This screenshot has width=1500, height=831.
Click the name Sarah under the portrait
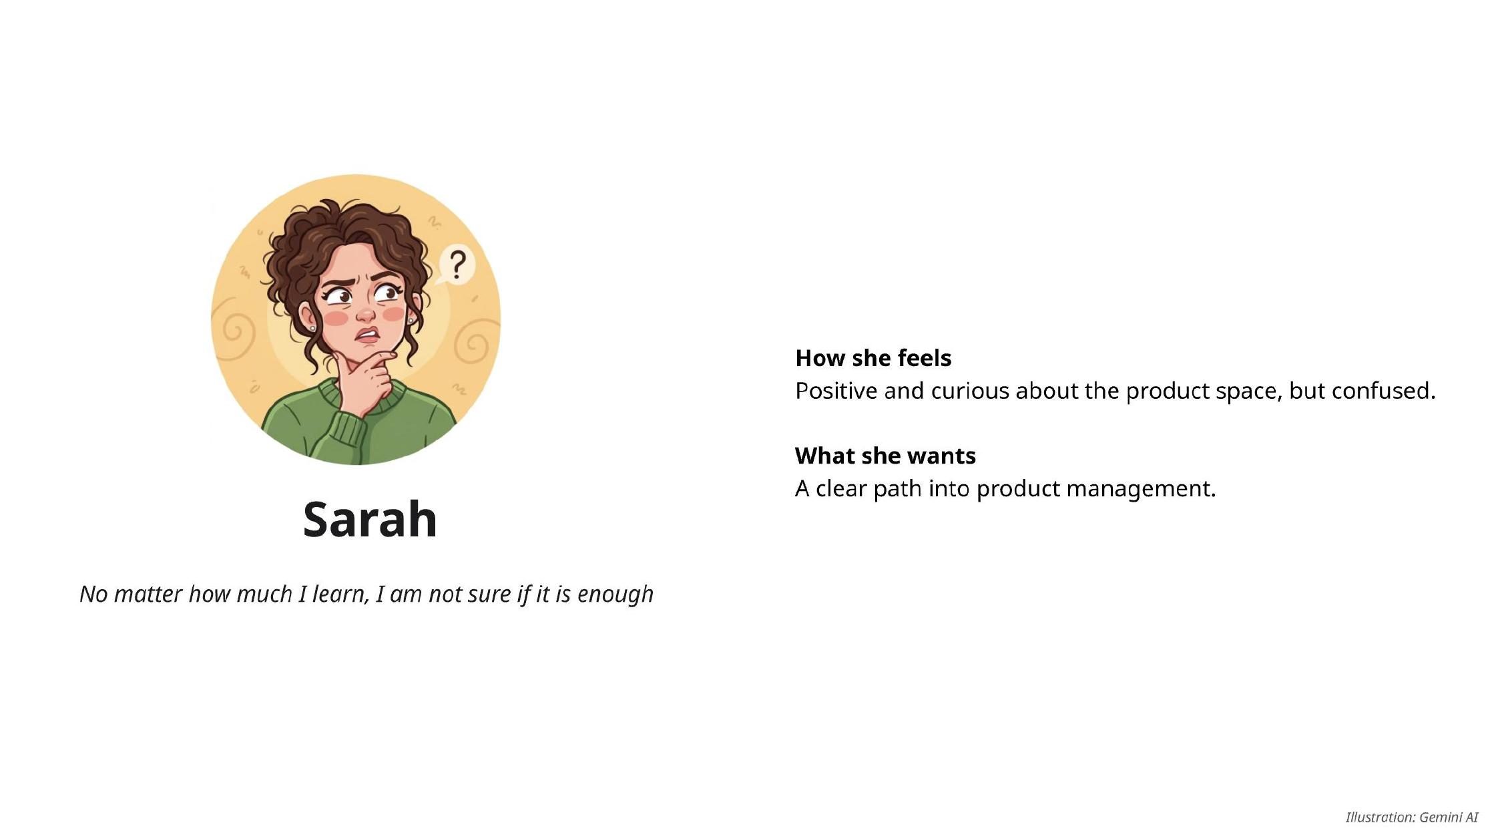coord(370,519)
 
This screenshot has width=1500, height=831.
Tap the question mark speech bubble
coord(456,266)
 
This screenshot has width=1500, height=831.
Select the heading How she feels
coord(873,358)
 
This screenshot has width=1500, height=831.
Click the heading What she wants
coord(885,456)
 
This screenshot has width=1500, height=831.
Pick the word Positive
coord(836,391)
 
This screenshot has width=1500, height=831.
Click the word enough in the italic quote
coord(615,595)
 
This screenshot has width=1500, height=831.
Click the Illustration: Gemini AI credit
coord(1412,817)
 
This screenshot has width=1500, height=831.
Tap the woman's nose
coord(365,312)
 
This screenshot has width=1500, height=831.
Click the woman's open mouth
coord(366,335)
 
